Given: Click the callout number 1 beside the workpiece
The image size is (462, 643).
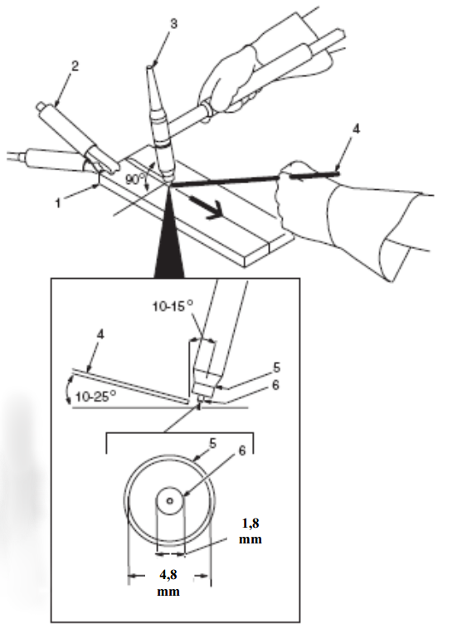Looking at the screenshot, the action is [x=58, y=203].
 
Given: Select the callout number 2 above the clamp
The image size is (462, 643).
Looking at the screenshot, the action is [x=75, y=66].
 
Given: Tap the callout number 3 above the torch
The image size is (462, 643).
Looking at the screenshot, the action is [x=174, y=24].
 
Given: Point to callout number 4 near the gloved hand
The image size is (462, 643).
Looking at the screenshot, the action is [x=356, y=129].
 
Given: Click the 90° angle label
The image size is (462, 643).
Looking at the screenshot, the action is [x=136, y=179].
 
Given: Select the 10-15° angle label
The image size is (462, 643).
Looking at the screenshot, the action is [x=173, y=306].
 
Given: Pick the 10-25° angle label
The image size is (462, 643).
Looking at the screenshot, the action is [x=95, y=397].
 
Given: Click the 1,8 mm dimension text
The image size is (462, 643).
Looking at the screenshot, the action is [x=250, y=531].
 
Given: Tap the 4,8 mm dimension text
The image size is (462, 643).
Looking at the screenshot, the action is [x=168, y=582].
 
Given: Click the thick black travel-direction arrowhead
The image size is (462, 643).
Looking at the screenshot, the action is [x=213, y=209].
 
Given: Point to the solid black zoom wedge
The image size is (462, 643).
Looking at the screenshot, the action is [x=168, y=237].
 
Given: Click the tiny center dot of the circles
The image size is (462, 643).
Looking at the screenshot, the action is [x=170, y=500].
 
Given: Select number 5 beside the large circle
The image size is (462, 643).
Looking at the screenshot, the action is [x=213, y=443].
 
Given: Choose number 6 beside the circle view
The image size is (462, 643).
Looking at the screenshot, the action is [x=242, y=451].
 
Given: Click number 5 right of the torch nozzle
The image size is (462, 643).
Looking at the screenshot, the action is [x=277, y=368].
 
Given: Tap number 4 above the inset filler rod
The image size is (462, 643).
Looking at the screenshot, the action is [x=100, y=334].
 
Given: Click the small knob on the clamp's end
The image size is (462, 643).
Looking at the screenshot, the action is [x=41, y=106].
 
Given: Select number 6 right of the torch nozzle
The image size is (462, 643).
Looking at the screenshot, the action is [x=275, y=385].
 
